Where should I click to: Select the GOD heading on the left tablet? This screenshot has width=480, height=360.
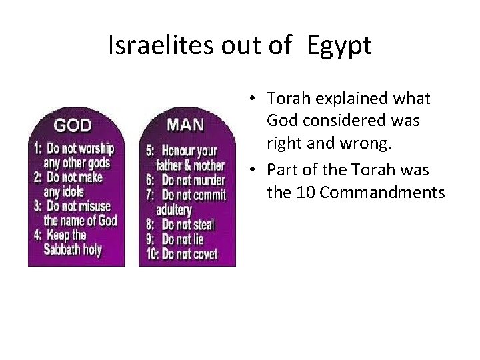point(73,125)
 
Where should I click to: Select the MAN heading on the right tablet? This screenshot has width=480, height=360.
point(185,124)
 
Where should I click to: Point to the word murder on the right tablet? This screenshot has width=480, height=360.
point(207,180)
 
